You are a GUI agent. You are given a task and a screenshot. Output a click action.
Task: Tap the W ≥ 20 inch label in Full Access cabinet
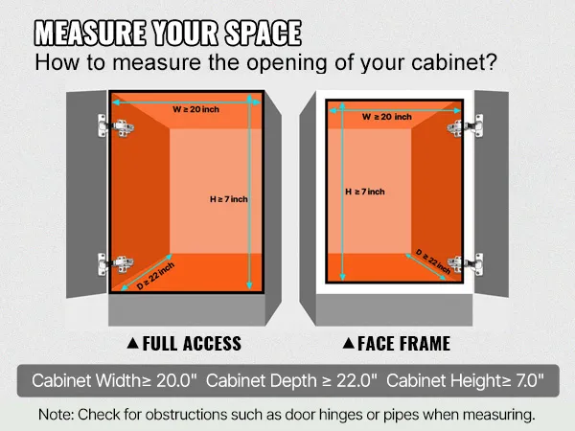click(195, 109)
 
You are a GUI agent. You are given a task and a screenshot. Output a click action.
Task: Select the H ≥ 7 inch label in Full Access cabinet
click(229, 198)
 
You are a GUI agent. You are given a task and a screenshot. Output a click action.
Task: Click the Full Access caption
click(192, 343)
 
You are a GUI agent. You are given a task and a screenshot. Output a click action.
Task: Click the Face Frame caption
click(403, 343)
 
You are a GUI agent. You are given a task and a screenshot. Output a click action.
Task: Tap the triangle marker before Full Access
click(132, 343)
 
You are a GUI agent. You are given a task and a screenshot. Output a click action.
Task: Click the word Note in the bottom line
click(57, 415)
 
